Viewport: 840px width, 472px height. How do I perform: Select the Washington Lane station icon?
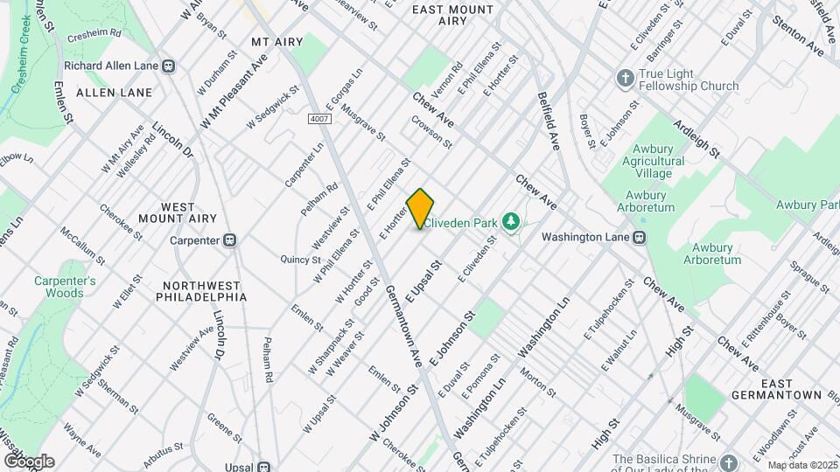tap(640, 237)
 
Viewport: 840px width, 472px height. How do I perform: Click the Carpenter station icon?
tap(230, 240)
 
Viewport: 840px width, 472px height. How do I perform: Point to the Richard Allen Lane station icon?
tap(169, 66)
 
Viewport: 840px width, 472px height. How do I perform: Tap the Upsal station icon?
tap(262, 466)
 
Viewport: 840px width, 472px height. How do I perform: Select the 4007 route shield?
tap(318, 118)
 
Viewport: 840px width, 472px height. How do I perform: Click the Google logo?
tap(29, 461)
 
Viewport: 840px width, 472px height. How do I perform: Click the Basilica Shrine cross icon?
tap(730, 461)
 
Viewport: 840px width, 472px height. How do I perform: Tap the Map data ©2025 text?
tap(801, 465)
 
